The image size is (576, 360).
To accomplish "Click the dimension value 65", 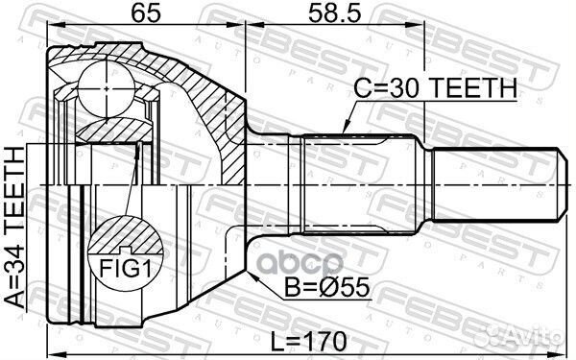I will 145,14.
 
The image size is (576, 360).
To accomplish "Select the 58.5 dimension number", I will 335,14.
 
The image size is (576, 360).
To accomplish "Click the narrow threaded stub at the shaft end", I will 494,184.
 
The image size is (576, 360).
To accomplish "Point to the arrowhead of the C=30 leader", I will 344,132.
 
